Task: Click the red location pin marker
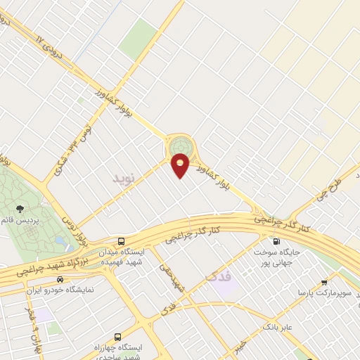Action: point(181,166)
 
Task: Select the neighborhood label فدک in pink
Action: point(219,277)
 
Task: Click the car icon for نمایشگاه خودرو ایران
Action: point(61,280)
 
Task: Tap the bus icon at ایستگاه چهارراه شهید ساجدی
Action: point(117,337)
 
